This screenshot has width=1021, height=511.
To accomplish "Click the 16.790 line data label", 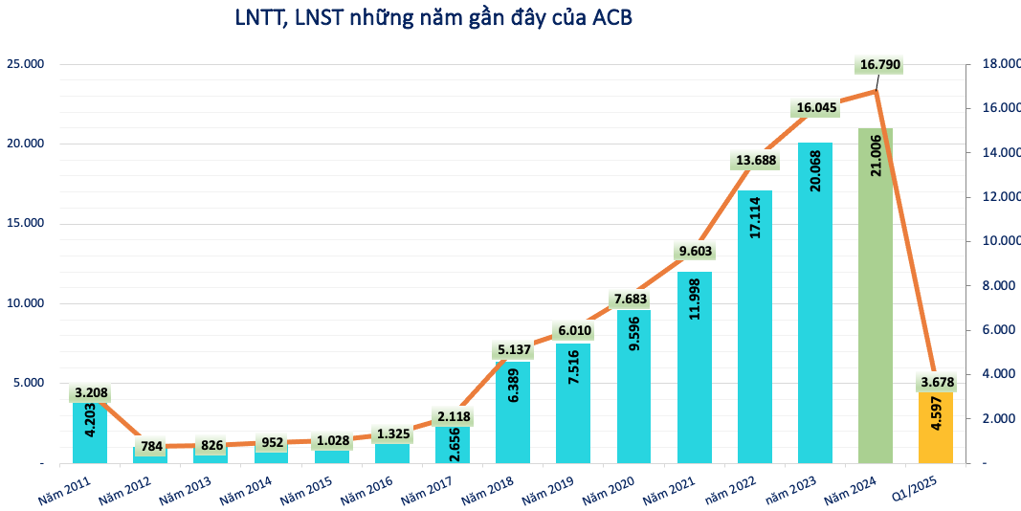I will tap(880, 65).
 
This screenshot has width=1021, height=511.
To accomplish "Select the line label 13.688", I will tap(757, 159).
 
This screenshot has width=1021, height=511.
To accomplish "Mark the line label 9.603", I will tap(697, 251).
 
